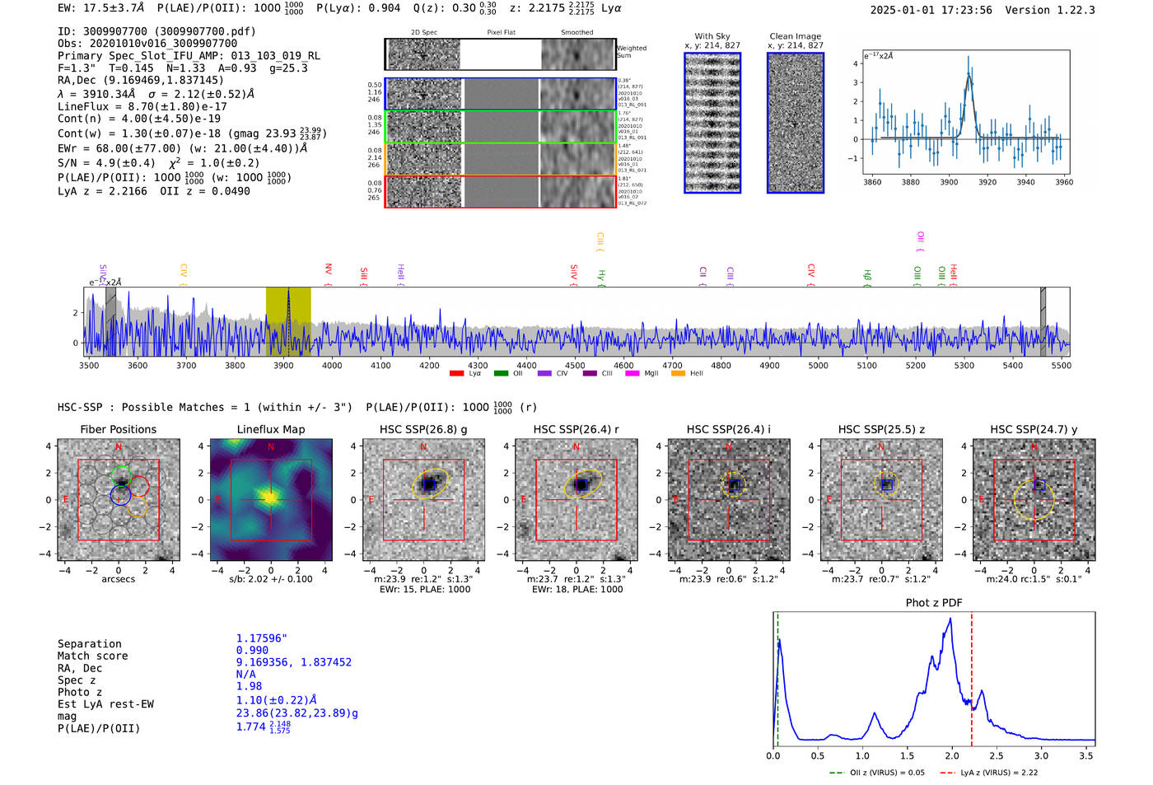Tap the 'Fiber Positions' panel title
pyautogui.click(x=118, y=429)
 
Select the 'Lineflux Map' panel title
pyautogui.click(x=270, y=429)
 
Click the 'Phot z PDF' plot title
pyautogui.click(x=933, y=603)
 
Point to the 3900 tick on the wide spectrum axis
pyautogui.click(x=283, y=365)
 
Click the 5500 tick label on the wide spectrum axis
pyautogui.click(x=1061, y=365)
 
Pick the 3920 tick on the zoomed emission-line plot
pyautogui.click(x=987, y=182)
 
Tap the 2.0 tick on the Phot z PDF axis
pyautogui.click(x=952, y=755)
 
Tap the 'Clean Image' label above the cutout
pyautogui.click(x=795, y=36)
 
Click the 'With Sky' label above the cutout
pyautogui.click(x=712, y=36)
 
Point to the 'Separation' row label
pyautogui.click(x=89, y=644)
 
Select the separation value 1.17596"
pyautogui.click(x=261, y=638)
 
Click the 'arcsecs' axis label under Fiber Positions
pyautogui.click(x=118, y=579)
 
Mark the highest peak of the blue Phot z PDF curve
pyautogui.click(x=950, y=619)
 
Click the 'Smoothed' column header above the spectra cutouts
pyautogui.click(x=576, y=33)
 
